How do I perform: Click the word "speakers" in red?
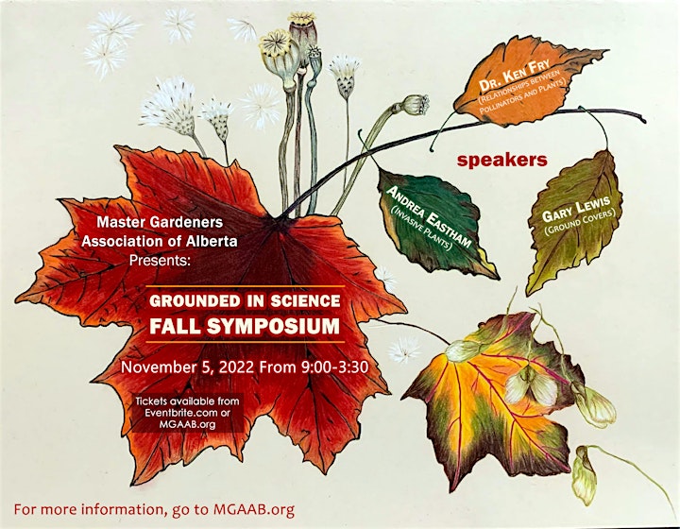[501, 161]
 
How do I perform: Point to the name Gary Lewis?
[576, 211]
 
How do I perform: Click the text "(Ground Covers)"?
[580, 223]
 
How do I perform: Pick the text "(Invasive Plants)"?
[421, 228]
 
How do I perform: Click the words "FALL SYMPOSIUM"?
[245, 326]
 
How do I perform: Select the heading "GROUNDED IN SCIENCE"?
[245, 301]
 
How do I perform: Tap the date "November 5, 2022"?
[187, 367]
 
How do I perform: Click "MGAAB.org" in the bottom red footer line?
[254, 509]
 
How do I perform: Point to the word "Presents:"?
[160, 261]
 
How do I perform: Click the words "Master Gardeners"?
[160, 222]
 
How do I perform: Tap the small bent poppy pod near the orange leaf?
[416, 105]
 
